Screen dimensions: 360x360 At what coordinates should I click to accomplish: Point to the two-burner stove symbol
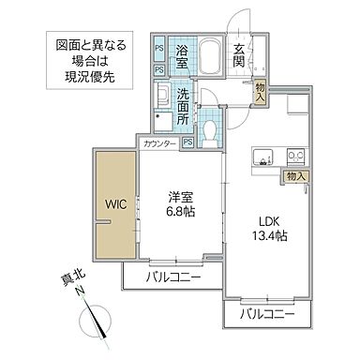(295, 155)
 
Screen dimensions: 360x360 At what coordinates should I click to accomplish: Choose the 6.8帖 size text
(180, 211)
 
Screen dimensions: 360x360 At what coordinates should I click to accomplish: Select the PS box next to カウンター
(187, 142)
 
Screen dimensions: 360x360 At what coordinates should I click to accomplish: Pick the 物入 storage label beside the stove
(296, 175)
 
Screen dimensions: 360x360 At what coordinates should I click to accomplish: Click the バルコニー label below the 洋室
(172, 278)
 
